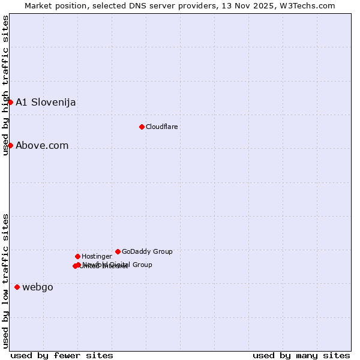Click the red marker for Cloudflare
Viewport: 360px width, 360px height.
(142, 127)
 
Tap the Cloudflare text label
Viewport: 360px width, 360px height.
(161, 127)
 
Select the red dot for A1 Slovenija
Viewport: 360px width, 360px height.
(10, 102)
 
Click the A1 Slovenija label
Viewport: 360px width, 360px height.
(46, 102)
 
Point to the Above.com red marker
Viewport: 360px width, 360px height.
(10, 145)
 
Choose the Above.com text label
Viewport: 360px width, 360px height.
(42, 145)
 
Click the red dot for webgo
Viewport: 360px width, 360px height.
(17, 287)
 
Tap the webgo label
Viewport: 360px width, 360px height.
(38, 287)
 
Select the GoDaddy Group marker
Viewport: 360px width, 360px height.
(118, 251)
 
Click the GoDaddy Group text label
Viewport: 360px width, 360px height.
(147, 251)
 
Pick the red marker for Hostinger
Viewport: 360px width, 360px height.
(77, 256)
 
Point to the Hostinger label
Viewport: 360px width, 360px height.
(97, 256)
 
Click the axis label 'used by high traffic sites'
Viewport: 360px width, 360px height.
(6, 85)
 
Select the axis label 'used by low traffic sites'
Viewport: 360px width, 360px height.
(6, 280)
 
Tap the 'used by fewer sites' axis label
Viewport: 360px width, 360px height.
(62, 355)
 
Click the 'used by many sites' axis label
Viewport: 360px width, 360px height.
(301, 355)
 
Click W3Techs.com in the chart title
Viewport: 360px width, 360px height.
(306, 5)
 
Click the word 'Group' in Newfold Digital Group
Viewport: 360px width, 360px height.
(142, 265)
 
